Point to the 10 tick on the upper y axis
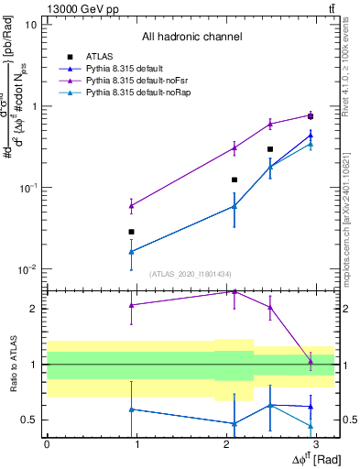click(32, 25)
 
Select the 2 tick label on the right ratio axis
click(344, 309)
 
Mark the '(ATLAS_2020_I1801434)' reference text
click(191, 275)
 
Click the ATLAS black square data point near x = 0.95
click(132, 232)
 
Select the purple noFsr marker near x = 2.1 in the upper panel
click(235, 147)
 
